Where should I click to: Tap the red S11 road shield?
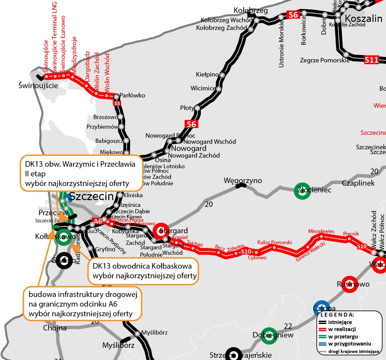click(x=372, y=60)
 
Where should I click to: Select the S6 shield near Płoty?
click(x=191, y=124)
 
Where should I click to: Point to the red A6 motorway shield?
click(x=98, y=221)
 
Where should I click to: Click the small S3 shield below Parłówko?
click(x=117, y=103)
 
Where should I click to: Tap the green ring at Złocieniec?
click(x=302, y=191)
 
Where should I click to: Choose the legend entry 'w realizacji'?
click(x=342, y=329)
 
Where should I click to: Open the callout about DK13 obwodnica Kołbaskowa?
click(x=143, y=271)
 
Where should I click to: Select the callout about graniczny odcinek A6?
click(x=83, y=304)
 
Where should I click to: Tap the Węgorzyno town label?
click(x=243, y=180)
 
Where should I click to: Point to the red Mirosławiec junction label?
click(x=321, y=231)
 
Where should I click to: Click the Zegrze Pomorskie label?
click(x=325, y=60)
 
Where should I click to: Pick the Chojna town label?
click(x=55, y=328)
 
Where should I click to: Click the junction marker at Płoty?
click(x=197, y=108)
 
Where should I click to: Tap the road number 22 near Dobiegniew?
click(x=288, y=326)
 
